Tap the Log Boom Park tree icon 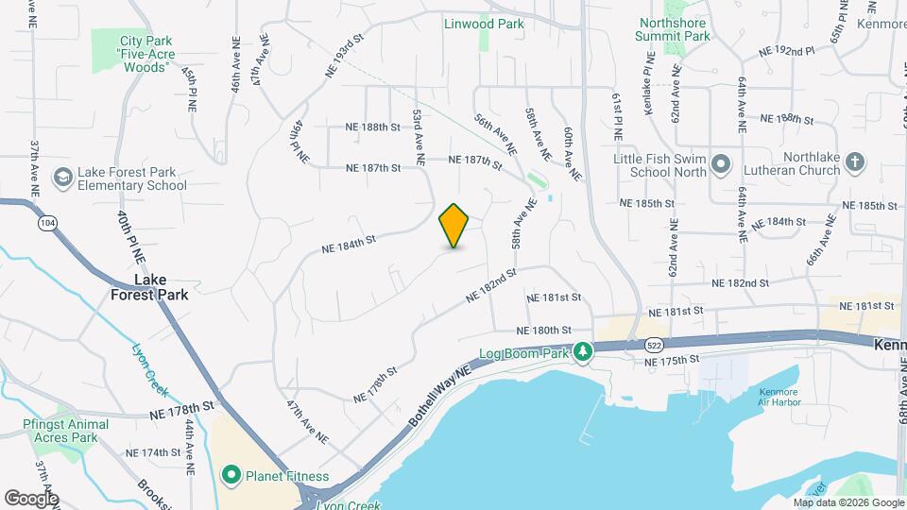(584, 351)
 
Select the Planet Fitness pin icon (231, 475)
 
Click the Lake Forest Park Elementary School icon (62, 178)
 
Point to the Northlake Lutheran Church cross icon (854, 161)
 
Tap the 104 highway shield (45, 223)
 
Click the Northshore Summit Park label (675, 28)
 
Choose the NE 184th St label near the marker (349, 244)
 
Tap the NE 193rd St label (344, 56)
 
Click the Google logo (31, 498)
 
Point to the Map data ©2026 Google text (847, 503)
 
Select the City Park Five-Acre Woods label (145, 54)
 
